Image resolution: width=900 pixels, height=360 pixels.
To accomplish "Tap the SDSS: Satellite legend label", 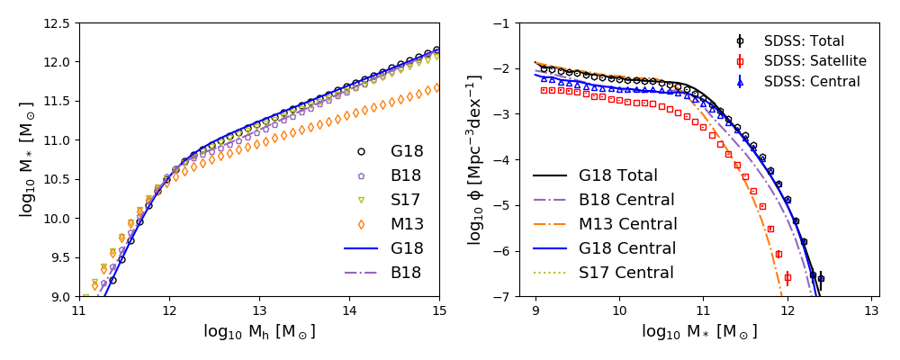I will tap(814, 61).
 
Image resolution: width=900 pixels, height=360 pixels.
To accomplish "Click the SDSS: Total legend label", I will tap(804, 41).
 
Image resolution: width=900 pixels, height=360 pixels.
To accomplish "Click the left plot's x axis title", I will tap(259, 332).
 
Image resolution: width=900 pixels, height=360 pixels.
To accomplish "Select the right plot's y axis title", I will tap(475, 160).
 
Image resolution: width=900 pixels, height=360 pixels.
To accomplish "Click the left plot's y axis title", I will tap(27, 160).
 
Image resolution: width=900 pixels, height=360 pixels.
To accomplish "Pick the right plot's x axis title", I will tap(699, 332).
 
